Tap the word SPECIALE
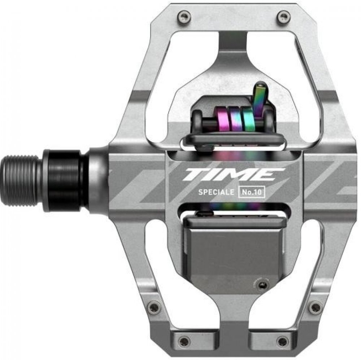pos(216,192)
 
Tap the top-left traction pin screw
pos(184,17)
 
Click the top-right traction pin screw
pos(283,17)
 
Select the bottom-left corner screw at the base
pos(184,341)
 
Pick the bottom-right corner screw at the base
pos(283,341)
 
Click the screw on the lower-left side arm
pos(153,307)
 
